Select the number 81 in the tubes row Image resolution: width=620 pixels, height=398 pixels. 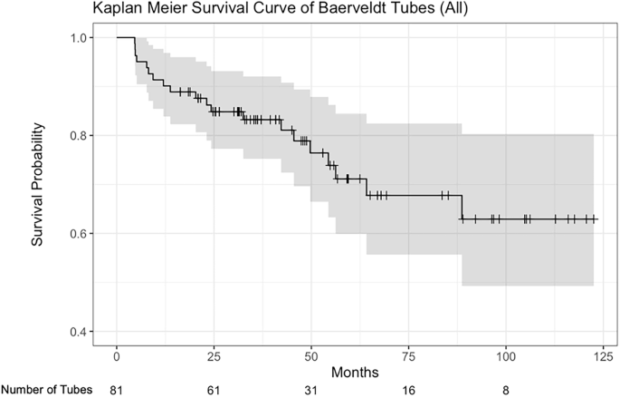(x=117, y=390)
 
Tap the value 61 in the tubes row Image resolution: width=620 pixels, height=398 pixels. (x=215, y=390)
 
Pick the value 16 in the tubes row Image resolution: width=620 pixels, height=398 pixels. (x=408, y=390)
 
